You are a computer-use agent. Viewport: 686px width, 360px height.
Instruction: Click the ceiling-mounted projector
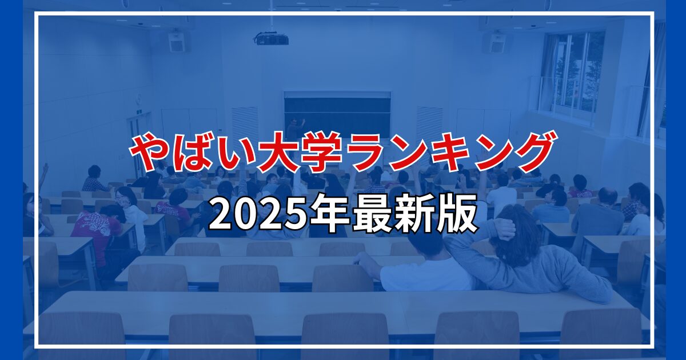[x=272, y=39]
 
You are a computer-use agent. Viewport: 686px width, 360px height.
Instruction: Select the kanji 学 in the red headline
[x=321, y=151]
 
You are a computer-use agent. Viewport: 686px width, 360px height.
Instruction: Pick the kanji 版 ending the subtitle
[x=456, y=213]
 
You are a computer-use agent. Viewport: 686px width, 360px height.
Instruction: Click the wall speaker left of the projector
[x=177, y=42]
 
